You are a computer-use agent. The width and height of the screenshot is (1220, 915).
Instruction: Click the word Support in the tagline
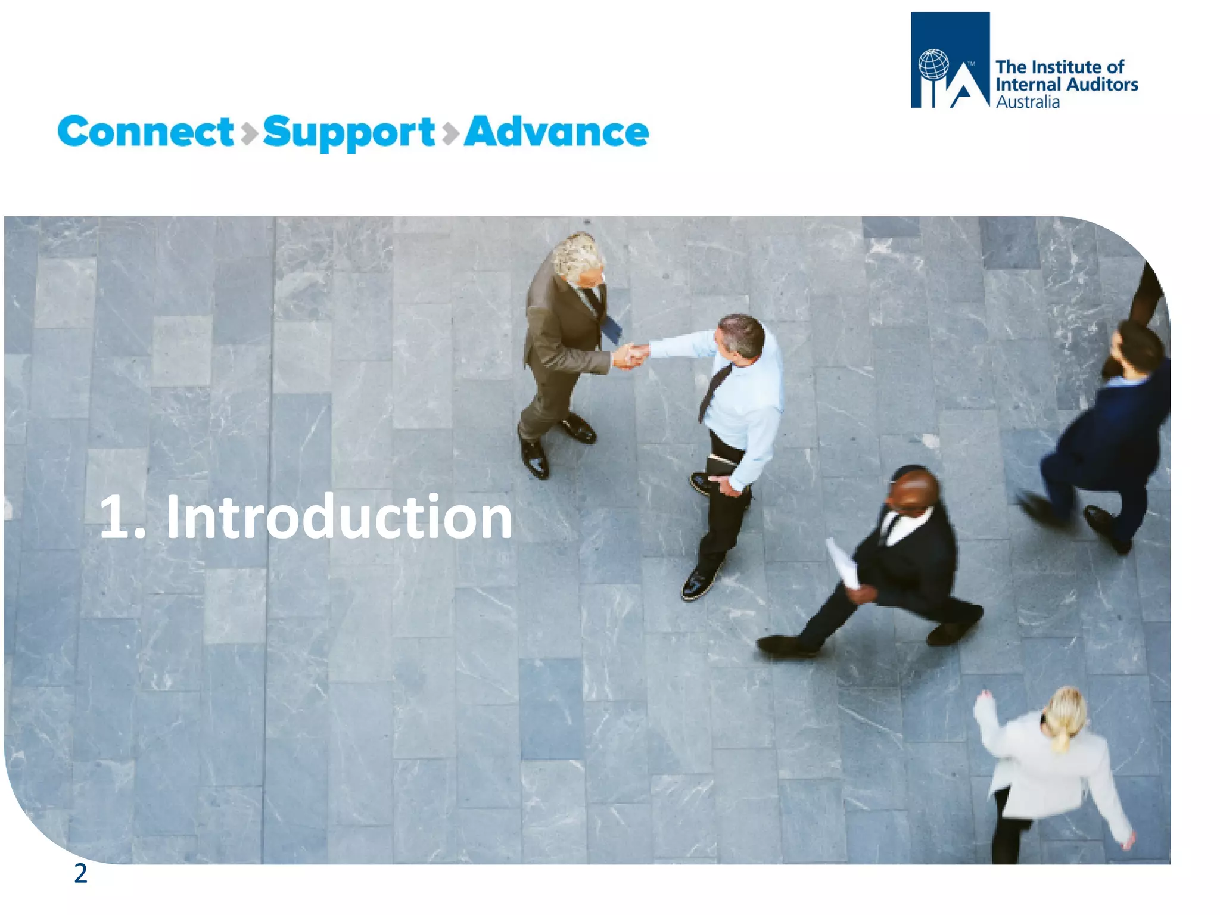point(348,132)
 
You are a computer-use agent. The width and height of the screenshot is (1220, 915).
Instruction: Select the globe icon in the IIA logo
point(933,65)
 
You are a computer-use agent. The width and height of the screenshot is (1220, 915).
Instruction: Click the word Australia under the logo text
point(1028,102)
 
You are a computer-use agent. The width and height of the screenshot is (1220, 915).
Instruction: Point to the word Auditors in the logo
point(1103,85)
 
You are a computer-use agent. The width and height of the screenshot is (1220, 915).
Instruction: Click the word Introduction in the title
point(338,517)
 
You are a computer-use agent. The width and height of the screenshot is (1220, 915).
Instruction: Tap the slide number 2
point(80,873)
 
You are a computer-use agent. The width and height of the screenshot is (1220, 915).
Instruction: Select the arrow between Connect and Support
point(249,133)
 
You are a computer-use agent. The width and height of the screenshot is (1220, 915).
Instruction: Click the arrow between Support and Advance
point(451,133)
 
